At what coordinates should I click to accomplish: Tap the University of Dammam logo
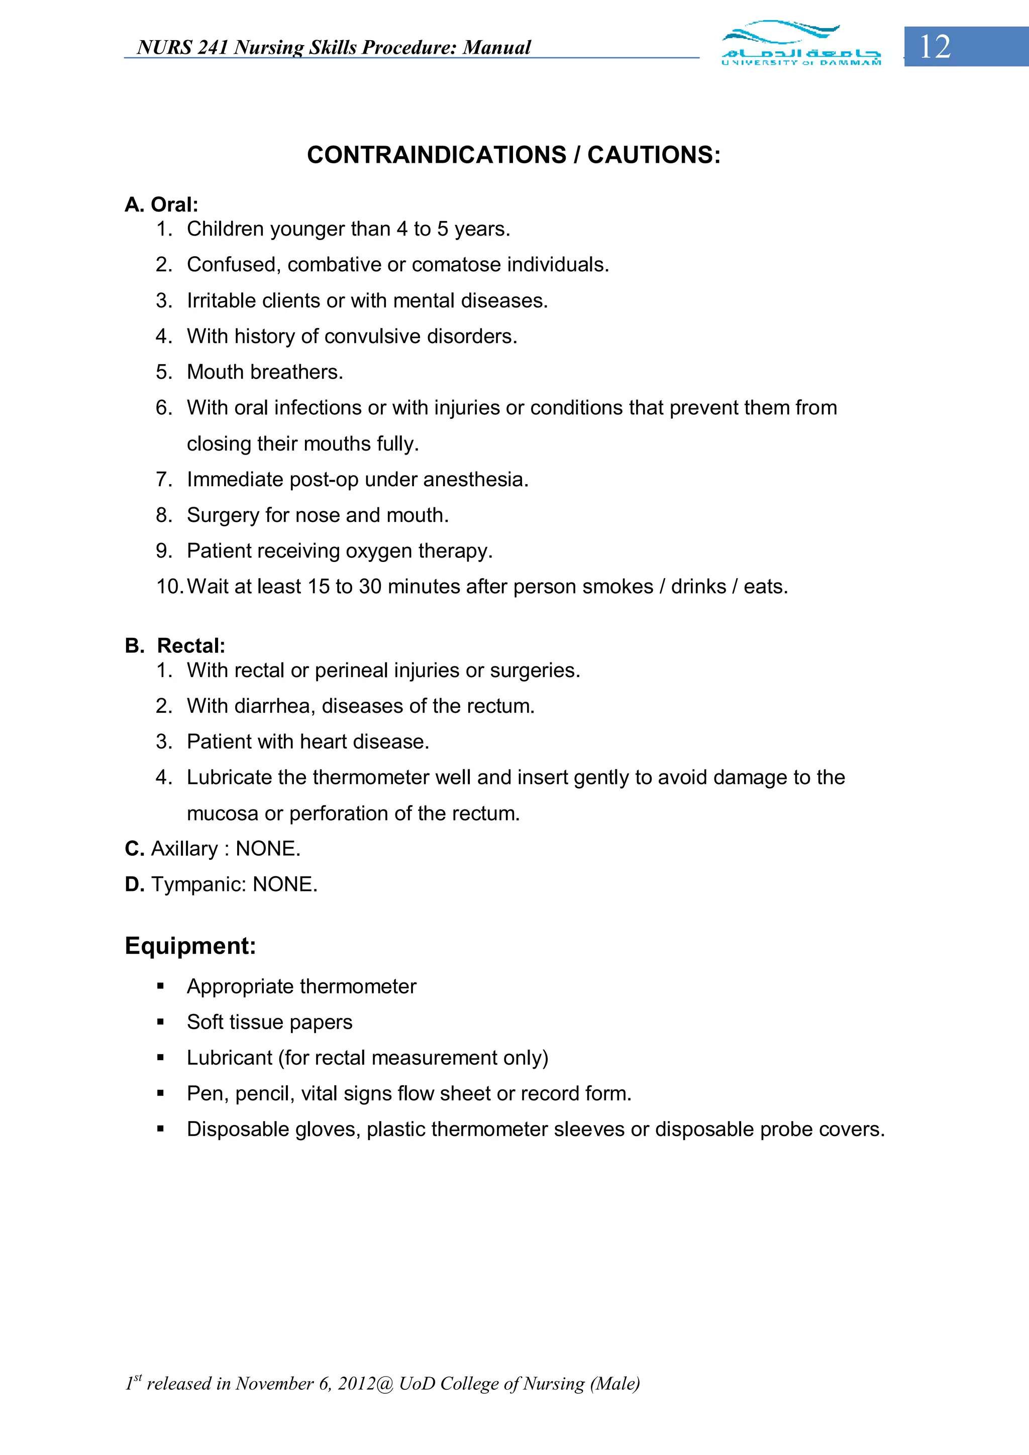801,43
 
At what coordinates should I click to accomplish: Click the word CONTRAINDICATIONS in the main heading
436,155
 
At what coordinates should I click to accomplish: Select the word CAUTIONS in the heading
654,155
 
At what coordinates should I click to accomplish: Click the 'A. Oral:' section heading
162,205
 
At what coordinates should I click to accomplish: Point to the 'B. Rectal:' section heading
175,646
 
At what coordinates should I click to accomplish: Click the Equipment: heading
190,946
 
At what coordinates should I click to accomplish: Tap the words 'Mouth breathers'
264,372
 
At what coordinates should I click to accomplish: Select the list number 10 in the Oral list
169,587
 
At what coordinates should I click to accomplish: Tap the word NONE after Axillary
268,848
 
